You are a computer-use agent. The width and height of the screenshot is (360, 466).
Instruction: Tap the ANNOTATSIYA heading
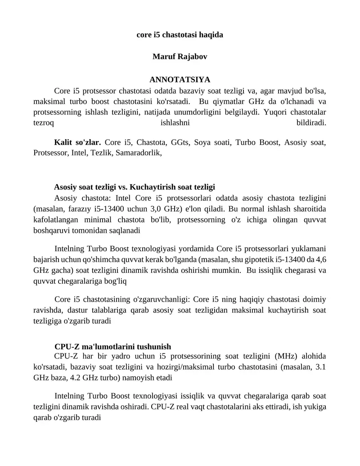point(180,80)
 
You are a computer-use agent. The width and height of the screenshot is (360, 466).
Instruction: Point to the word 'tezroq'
point(44,122)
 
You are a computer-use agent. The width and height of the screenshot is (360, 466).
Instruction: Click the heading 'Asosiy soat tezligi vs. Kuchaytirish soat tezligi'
point(135,187)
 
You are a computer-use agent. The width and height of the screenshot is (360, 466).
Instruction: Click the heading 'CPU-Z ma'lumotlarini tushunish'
point(112,347)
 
